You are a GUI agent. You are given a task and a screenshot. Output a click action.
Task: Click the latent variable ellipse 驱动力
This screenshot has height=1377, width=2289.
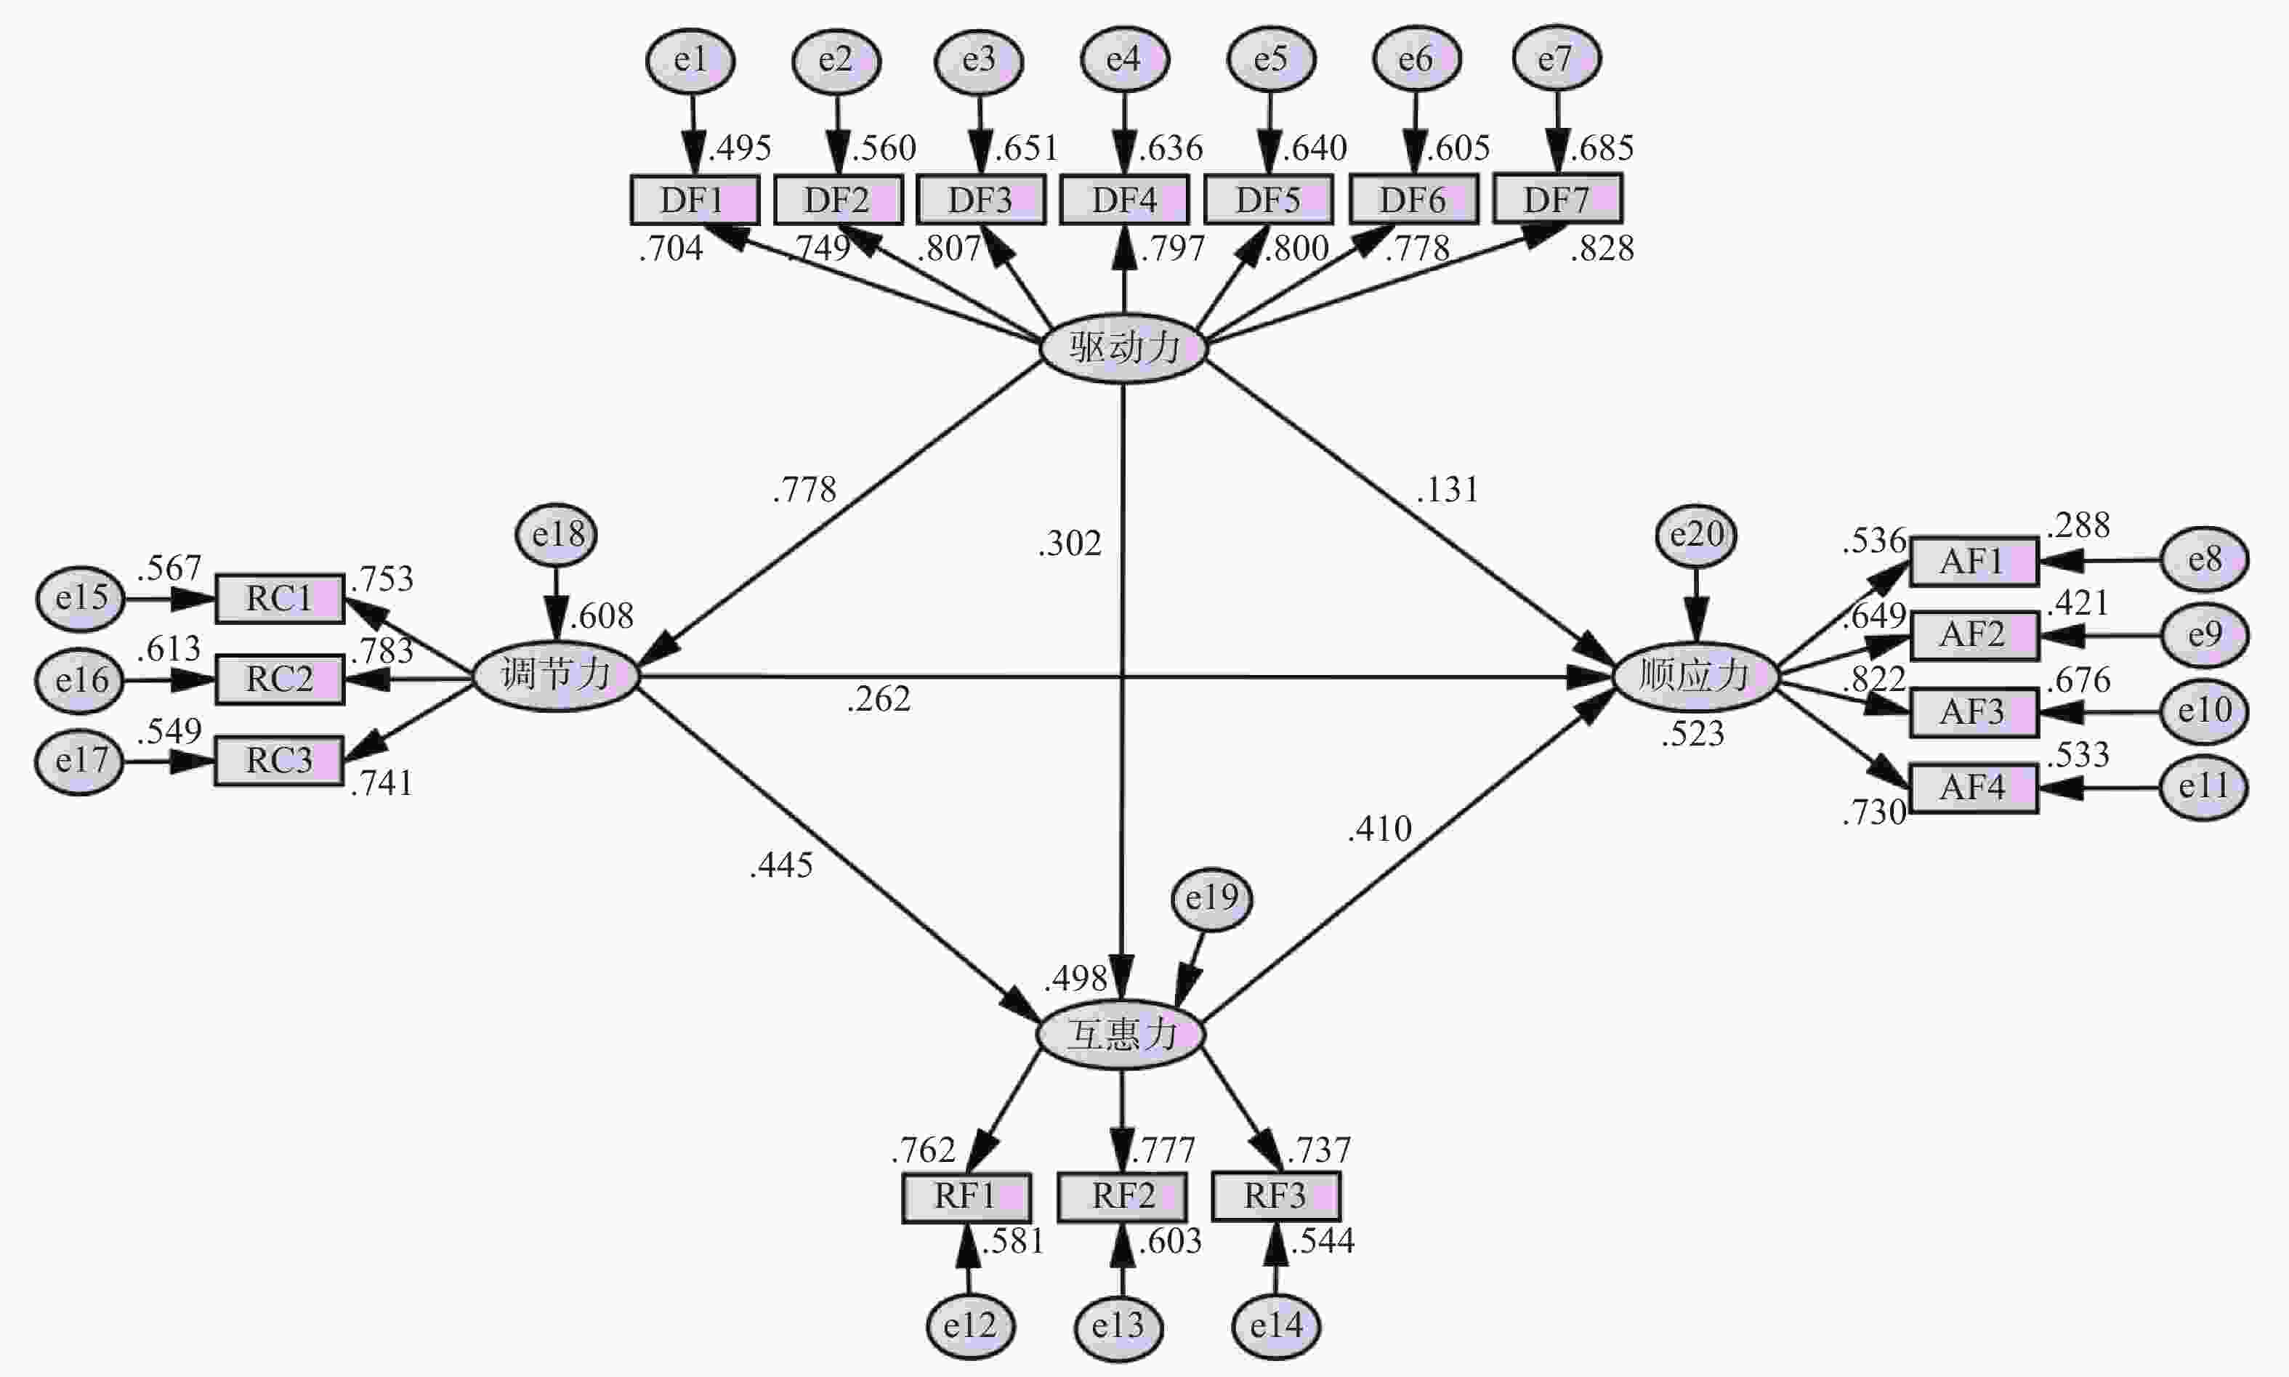[1123, 348]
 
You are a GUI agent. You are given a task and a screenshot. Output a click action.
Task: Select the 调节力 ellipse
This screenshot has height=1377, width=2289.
[556, 676]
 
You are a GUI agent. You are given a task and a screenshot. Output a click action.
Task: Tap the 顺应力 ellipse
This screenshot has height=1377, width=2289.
[1695, 677]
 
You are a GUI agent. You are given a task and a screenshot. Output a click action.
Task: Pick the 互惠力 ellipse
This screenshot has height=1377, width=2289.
[1121, 1034]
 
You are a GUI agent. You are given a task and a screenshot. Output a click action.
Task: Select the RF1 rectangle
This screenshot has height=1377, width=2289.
[966, 1197]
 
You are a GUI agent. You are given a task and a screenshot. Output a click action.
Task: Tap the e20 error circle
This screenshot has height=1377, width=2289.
[1696, 536]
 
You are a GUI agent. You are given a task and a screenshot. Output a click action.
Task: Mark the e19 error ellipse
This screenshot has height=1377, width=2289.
[1212, 898]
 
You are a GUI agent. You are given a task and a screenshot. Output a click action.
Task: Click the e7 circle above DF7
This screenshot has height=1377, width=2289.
[1556, 58]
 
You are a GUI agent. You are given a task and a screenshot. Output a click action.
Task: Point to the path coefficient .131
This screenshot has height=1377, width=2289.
[1448, 489]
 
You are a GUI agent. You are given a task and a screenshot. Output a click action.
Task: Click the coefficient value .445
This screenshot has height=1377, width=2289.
[781, 865]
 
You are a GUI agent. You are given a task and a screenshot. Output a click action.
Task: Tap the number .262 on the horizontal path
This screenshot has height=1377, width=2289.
[879, 699]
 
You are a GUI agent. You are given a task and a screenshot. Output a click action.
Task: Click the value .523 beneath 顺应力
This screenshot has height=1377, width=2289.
[1692, 734]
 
